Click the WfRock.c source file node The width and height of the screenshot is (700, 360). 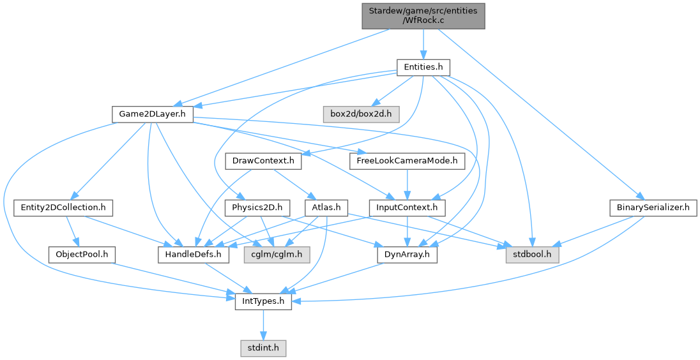click(x=423, y=16)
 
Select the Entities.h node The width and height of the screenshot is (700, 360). click(x=423, y=68)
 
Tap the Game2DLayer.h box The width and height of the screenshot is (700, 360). click(x=153, y=115)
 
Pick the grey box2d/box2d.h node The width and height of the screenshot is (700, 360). click(x=361, y=115)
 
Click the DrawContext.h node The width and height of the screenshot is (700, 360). click(x=263, y=161)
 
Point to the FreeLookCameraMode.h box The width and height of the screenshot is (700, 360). click(x=407, y=161)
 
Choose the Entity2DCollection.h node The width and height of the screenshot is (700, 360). click(x=63, y=208)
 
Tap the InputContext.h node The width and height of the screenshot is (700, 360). click(x=407, y=208)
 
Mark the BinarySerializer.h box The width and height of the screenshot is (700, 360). click(x=653, y=208)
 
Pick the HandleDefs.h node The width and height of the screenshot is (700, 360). click(x=194, y=255)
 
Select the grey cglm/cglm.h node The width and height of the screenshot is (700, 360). click(x=277, y=255)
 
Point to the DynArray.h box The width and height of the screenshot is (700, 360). click(x=407, y=255)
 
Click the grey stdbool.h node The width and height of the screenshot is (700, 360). click(x=532, y=255)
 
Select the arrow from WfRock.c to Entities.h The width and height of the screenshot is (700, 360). click(x=423, y=44)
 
